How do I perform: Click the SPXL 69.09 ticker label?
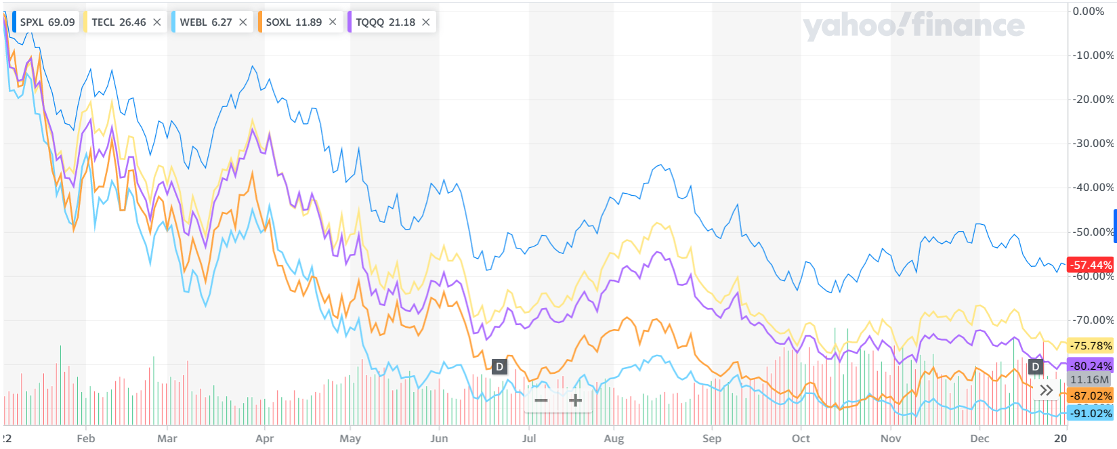(x=47, y=22)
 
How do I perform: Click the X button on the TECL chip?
(x=157, y=22)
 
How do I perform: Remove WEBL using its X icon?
(x=243, y=22)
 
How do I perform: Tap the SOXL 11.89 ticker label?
(x=293, y=22)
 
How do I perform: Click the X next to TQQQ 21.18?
(x=426, y=22)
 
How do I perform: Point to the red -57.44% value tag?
(x=1091, y=265)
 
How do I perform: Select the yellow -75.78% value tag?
(x=1091, y=346)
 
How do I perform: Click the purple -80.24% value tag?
(x=1091, y=366)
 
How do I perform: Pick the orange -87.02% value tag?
(x=1091, y=395)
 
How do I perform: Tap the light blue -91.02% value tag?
(x=1091, y=413)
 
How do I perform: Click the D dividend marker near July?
(x=499, y=366)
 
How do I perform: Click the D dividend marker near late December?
(x=1035, y=366)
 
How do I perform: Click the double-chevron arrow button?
(x=1047, y=390)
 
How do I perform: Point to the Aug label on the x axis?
(x=614, y=439)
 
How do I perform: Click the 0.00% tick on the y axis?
(x=1089, y=12)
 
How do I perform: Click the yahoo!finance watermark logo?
(x=913, y=26)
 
